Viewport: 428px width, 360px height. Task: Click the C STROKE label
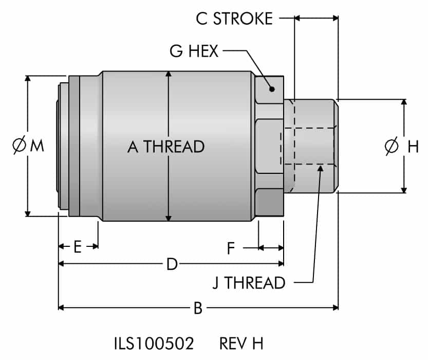pyautogui.click(x=234, y=19)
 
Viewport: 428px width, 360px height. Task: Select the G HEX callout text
pyautogui.click(x=194, y=51)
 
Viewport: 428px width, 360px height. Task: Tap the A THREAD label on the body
pyautogui.click(x=166, y=147)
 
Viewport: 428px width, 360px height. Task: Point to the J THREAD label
pyautogui.click(x=249, y=283)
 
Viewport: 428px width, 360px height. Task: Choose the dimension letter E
pyautogui.click(x=78, y=247)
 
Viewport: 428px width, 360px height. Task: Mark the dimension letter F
pyautogui.click(x=231, y=249)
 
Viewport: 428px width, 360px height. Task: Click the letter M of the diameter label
pyautogui.click(x=37, y=146)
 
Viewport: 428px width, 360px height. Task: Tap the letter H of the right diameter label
pyautogui.click(x=413, y=147)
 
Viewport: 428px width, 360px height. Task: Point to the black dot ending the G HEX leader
pyautogui.click(x=272, y=89)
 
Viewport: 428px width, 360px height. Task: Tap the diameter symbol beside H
pyautogui.click(x=392, y=147)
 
